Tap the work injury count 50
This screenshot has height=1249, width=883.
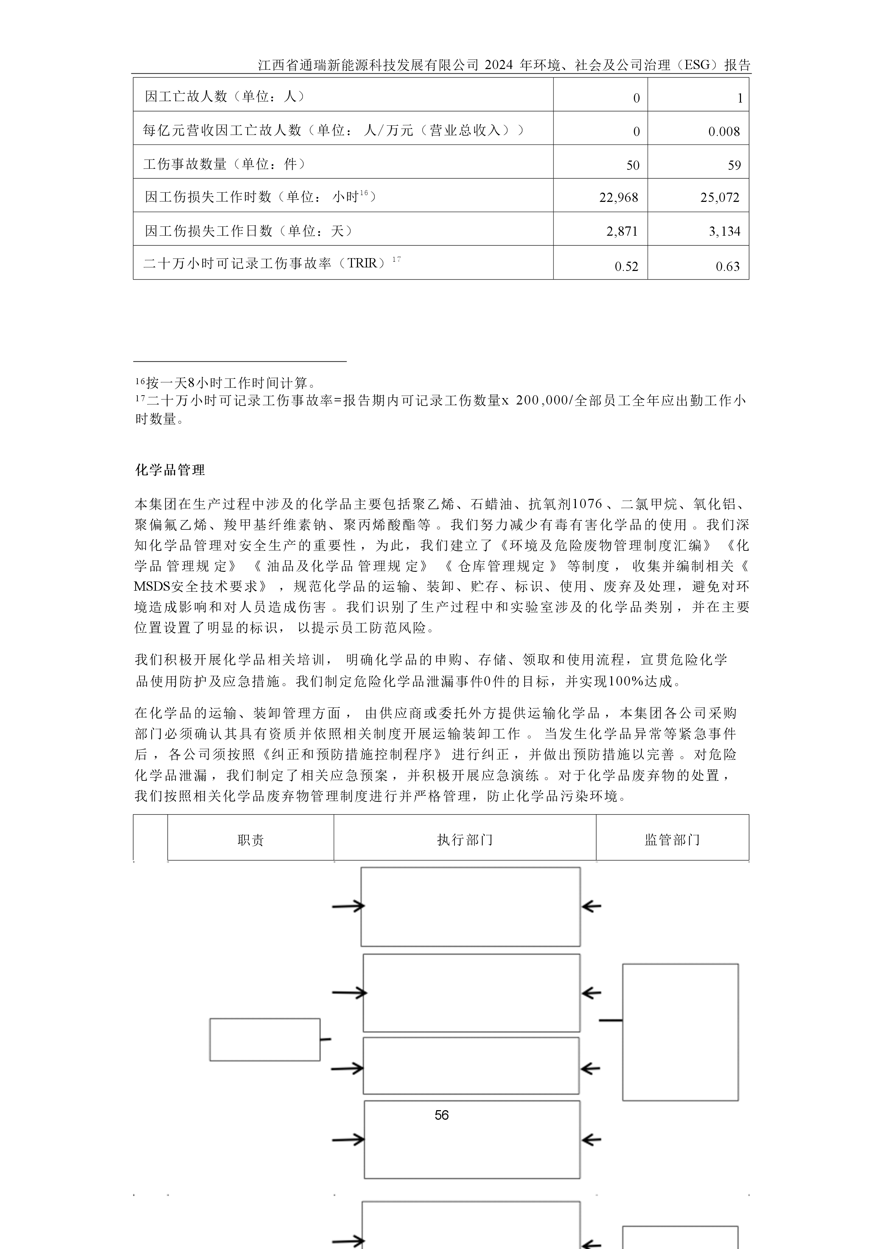(x=633, y=165)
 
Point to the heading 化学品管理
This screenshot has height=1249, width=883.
(x=170, y=470)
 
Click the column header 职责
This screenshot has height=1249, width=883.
(x=251, y=840)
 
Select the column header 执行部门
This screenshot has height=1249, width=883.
(x=465, y=840)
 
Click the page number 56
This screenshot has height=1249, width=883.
(x=441, y=1115)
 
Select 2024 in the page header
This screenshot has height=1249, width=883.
(x=499, y=65)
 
